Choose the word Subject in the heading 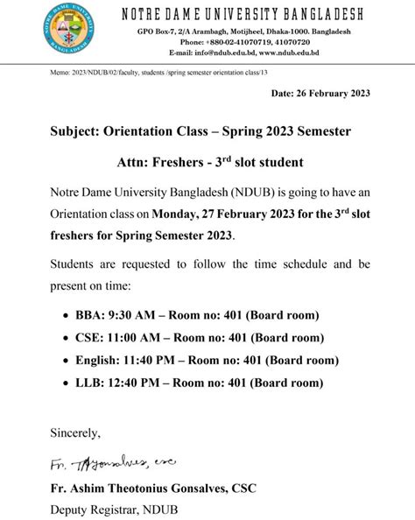74,132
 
